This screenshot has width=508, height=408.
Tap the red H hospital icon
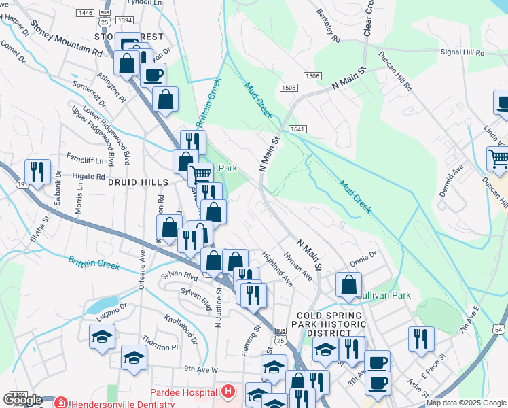pyautogui.click(x=228, y=392)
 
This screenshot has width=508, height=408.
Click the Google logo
pyautogui.click(x=22, y=400)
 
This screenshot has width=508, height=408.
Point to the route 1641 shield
pyautogui.click(x=296, y=129)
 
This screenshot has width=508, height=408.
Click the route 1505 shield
pyautogui.click(x=288, y=88)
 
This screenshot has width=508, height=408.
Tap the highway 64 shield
pyautogui.click(x=498, y=330)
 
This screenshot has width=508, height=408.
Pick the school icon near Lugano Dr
pyautogui.click(x=103, y=335)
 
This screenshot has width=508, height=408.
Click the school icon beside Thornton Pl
pyautogui.click(x=134, y=357)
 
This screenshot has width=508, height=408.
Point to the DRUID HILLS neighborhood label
pyautogui.click(x=133, y=182)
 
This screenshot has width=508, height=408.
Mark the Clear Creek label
pyautogui.click(x=368, y=18)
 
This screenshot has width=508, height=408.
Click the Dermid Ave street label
pyautogui.click(x=450, y=180)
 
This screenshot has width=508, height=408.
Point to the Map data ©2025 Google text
pyautogui.click(x=465, y=403)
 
